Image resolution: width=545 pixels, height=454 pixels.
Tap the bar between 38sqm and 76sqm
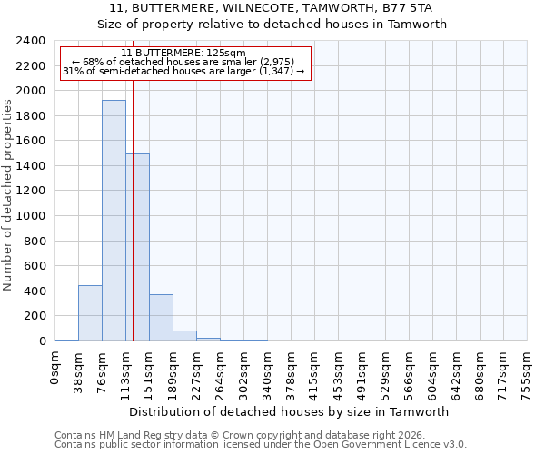[x=90, y=313]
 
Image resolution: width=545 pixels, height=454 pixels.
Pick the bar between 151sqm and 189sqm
[x=161, y=318]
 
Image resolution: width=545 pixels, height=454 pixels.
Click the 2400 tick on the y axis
[x=32, y=41]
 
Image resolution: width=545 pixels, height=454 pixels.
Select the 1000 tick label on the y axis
[x=32, y=216]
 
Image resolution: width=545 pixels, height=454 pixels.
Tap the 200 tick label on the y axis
[x=35, y=316]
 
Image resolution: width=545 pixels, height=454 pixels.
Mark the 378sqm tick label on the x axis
[x=291, y=370]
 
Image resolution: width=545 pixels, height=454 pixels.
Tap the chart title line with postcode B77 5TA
[x=272, y=8]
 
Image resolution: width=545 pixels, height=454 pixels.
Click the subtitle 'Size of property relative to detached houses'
[x=272, y=25]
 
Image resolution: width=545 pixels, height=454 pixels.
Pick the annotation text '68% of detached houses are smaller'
[x=185, y=62]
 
